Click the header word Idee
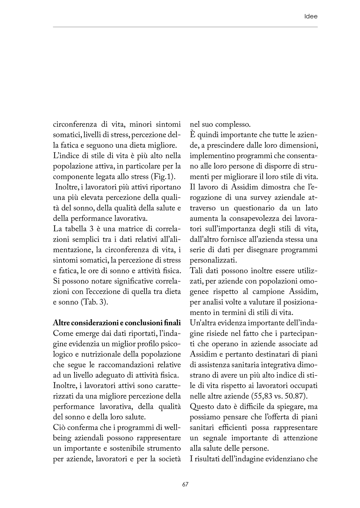310,17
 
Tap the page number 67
185,484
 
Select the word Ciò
59,428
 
